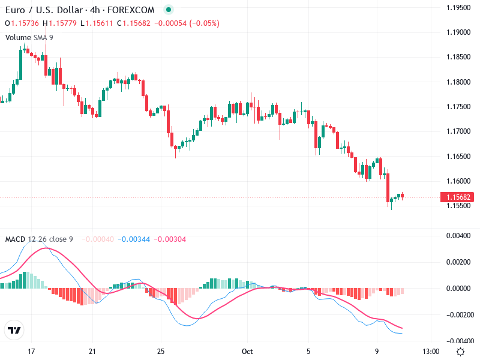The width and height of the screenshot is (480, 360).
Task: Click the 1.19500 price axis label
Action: pyautogui.click(x=458, y=7)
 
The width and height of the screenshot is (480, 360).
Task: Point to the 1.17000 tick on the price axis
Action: pyautogui.click(x=458, y=131)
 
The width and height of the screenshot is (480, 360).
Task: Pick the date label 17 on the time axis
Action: pyautogui.click(x=32, y=351)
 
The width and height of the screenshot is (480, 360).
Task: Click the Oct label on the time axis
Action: pyautogui.click(x=246, y=351)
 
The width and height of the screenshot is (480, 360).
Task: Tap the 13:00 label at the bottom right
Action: pyautogui.click(x=431, y=351)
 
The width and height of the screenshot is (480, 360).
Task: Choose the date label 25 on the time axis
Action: pyautogui.click(x=160, y=351)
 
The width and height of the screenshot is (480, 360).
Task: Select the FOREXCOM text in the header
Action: pyautogui.click(x=134, y=10)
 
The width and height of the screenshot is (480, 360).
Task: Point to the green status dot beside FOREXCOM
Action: pyautogui.click(x=168, y=10)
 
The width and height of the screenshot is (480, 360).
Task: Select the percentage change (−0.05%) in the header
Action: pyautogui.click(x=204, y=23)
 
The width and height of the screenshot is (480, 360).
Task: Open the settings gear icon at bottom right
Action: pyautogui.click(x=460, y=351)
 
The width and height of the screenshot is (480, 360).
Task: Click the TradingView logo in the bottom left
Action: pyautogui.click(x=14, y=331)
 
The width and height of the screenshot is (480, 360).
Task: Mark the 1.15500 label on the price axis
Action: pyautogui.click(x=458, y=205)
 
